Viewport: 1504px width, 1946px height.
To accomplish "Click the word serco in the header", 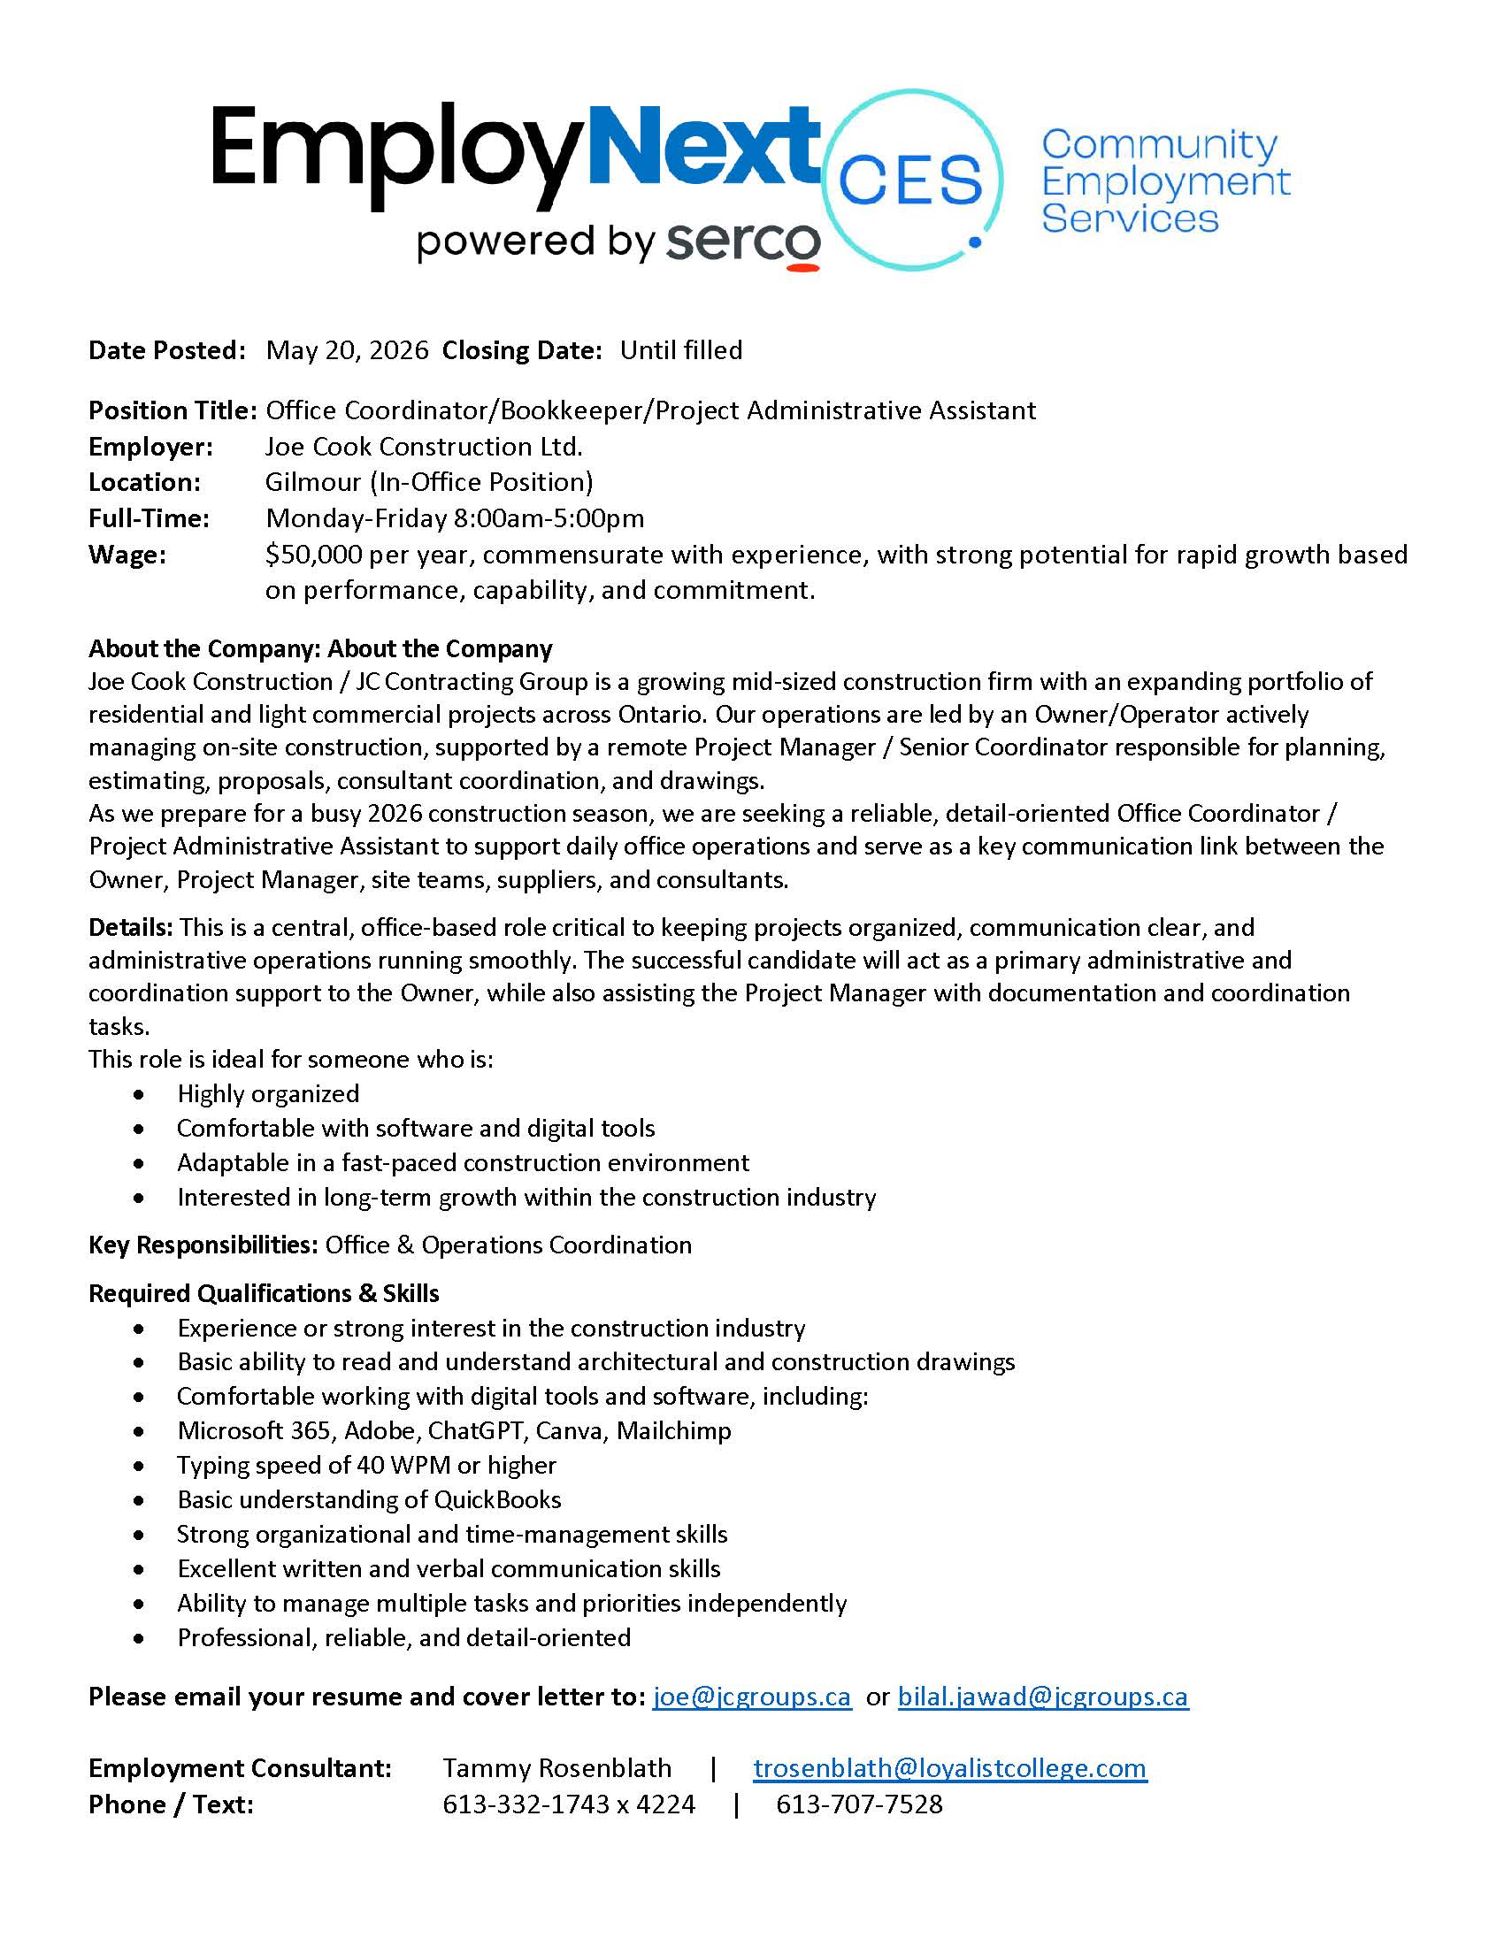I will point(743,241).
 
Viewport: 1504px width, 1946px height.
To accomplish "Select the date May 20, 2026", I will point(347,350).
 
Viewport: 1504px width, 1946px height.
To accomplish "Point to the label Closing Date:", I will point(522,350).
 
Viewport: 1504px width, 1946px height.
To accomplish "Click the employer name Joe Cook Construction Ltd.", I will point(423,446).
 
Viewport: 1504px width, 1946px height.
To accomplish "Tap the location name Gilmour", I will point(312,482).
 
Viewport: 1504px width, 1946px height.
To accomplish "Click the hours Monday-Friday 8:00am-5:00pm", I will point(455,517).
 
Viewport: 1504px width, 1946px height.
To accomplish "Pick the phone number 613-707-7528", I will point(859,1804).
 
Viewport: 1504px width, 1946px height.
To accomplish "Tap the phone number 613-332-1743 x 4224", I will point(569,1804).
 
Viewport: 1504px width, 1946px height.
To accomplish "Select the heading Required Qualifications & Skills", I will point(264,1293).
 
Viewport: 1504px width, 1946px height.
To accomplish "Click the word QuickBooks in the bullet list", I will point(497,1499).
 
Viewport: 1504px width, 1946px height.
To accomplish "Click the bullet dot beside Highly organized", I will point(138,1094).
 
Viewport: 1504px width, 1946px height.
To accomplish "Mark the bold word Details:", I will point(130,928).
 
